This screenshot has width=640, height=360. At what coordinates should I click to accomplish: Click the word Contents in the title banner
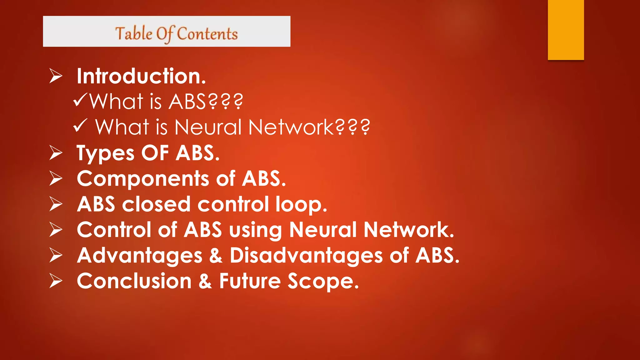(x=207, y=34)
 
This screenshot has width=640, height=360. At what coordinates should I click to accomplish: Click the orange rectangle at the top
(x=566, y=30)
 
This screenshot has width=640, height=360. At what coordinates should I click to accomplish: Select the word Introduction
(x=141, y=76)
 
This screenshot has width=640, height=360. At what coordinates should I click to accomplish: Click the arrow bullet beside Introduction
(x=56, y=76)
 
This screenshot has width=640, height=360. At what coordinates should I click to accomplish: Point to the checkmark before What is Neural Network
(x=80, y=126)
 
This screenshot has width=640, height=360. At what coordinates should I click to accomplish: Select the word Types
(x=105, y=154)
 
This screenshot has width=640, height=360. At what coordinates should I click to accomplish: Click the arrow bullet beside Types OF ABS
(x=56, y=153)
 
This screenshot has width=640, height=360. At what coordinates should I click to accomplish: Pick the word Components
(x=143, y=179)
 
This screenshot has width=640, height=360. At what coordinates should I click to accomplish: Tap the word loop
(x=301, y=205)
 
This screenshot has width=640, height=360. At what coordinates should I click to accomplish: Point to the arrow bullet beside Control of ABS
(x=56, y=230)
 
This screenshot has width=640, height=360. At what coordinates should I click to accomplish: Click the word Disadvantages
(x=306, y=256)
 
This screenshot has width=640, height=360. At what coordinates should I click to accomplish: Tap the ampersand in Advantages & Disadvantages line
(x=216, y=255)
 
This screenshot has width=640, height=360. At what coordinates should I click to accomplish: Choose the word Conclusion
(x=134, y=281)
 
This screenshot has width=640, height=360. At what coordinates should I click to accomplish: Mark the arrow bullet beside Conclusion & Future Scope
(x=56, y=281)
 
